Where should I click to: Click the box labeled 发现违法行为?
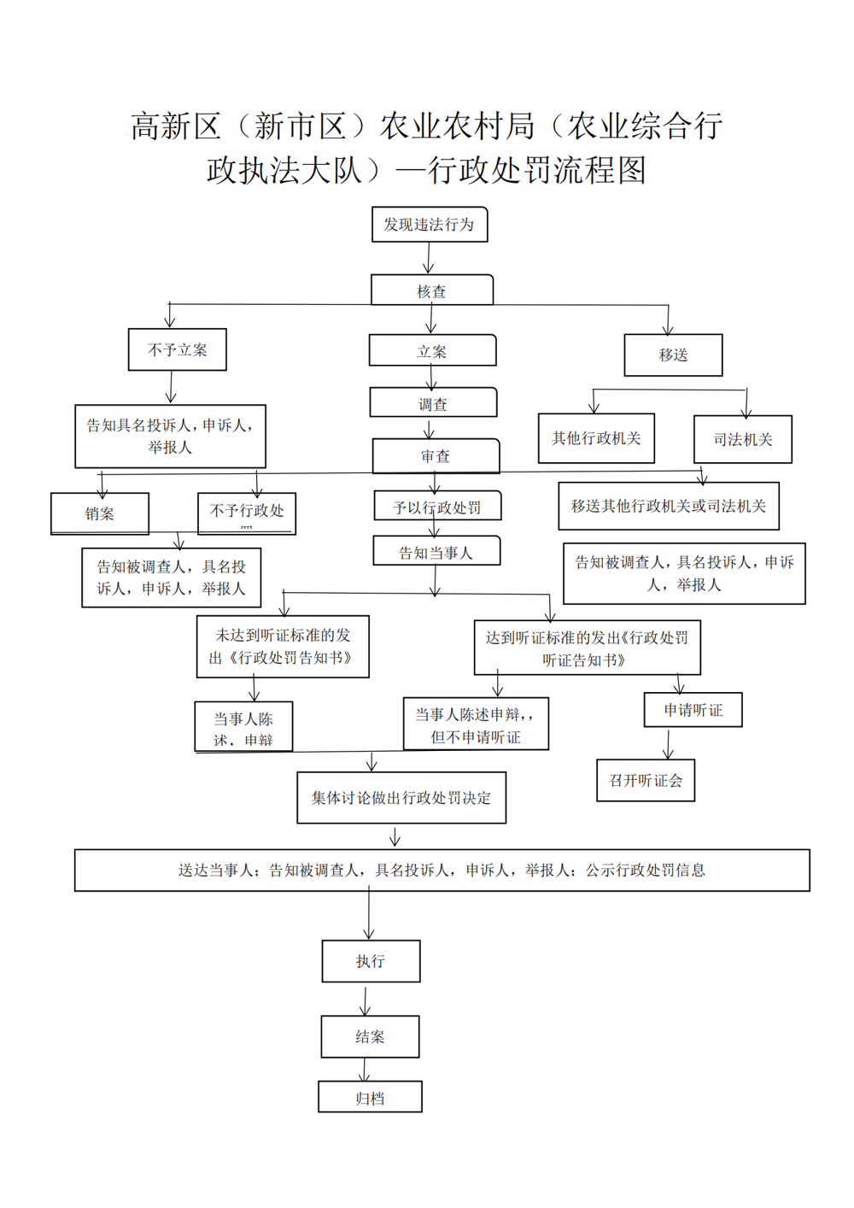click(430, 225)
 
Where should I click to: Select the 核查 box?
click(431, 290)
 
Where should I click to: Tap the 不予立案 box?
click(177, 349)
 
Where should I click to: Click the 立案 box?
click(432, 351)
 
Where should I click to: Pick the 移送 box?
click(673, 355)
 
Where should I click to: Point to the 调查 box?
click(433, 403)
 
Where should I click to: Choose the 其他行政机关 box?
click(596, 438)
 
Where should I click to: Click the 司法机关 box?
click(742, 439)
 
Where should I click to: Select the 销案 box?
click(100, 513)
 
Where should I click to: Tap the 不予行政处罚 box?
click(247, 513)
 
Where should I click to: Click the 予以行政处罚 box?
click(437, 507)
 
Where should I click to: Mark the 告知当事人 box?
click(436, 552)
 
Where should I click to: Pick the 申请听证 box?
click(693, 710)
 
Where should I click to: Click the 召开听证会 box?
click(646, 780)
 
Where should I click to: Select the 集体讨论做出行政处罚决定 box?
click(401, 798)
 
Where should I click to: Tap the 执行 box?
click(371, 961)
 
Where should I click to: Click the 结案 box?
click(370, 1036)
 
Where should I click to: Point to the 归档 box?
click(370, 1098)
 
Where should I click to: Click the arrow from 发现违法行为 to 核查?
click(429, 258)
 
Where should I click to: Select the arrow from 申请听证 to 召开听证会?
click(668, 743)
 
